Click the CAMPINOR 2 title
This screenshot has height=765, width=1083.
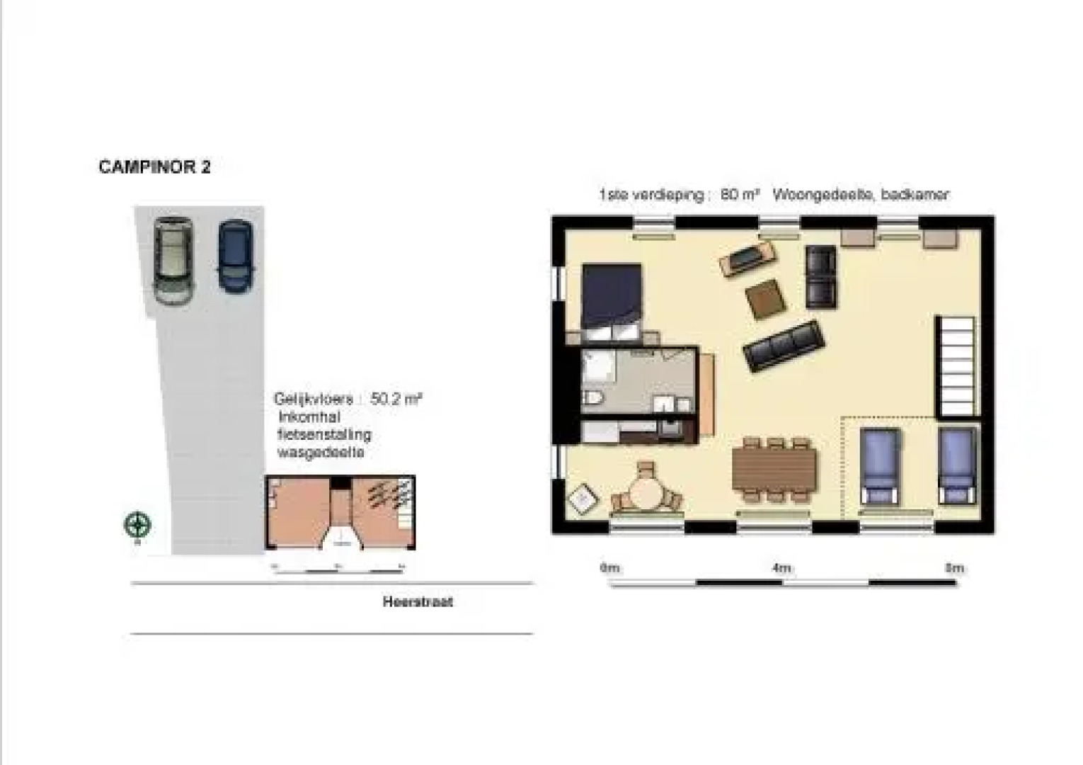(x=154, y=167)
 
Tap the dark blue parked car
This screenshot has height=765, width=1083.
(x=235, y=256)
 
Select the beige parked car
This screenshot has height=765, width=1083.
(x=173, y=260)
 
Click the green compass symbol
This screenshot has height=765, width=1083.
(x=137, y=525)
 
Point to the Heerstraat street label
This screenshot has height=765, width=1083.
(x=418, y=602)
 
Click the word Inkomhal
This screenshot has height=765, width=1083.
(x=309, y=417)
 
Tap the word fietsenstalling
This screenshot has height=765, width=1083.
(x=324, y=435)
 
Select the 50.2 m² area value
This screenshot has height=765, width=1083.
(x=396, y=399)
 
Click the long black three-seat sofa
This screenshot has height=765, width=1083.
(x=784, y=346)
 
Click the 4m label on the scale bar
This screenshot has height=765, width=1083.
(x=781, y=568)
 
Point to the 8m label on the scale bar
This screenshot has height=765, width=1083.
(x=954, y=568)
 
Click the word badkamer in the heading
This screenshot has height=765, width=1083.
(x=915, y=195)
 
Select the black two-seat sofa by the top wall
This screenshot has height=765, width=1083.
(x=821, y=276)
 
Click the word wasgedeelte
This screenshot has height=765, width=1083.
(x=321, y=453)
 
